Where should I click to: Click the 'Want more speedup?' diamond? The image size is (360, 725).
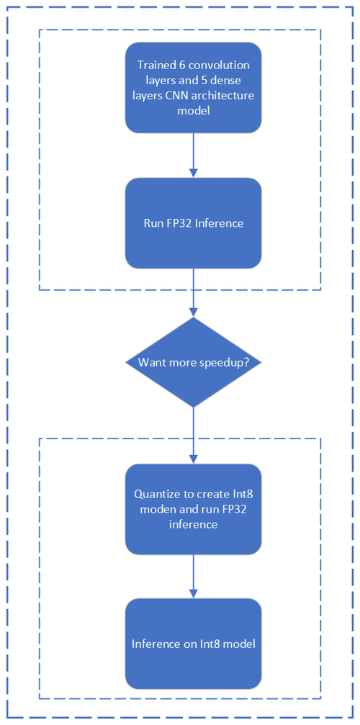click(x=193, y=362)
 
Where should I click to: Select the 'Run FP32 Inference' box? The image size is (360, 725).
click(x=193, y=223)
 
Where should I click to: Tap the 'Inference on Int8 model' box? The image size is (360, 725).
click(x=193, y=644)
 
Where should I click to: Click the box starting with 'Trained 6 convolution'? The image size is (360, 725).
click(x=193, y=87)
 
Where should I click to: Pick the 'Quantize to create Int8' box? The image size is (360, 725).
click(x=193, y=509)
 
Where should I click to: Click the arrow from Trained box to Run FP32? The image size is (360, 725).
click(x=193, y=155)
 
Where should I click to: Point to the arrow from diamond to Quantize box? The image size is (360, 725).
click(x=193, y=436)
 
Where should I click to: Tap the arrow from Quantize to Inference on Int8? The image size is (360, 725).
click(x=193, y=576)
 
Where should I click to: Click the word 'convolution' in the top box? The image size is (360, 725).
click(x=218, y=66)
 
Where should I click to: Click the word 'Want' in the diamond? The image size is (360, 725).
click(x=150, y=363)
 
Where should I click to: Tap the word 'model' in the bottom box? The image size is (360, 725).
click(x=238, y=644)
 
